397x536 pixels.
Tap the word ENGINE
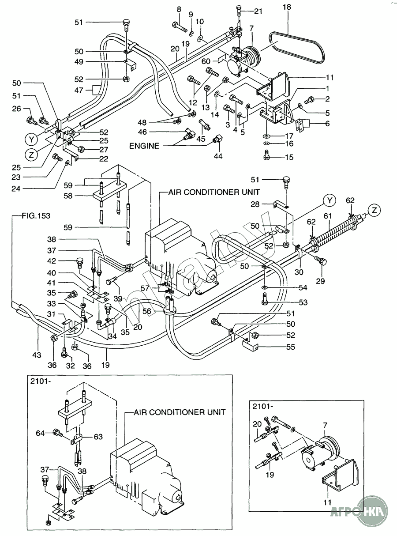pos(144,146)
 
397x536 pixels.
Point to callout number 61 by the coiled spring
pos(327,215)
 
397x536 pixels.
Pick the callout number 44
pos(218,156)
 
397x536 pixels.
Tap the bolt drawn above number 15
pos(266,153)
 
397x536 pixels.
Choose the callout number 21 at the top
pos(258,11)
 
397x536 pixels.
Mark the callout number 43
pos(37,355)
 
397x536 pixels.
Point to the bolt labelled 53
pos(265,299)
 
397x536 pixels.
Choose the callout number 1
pos(328,88)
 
